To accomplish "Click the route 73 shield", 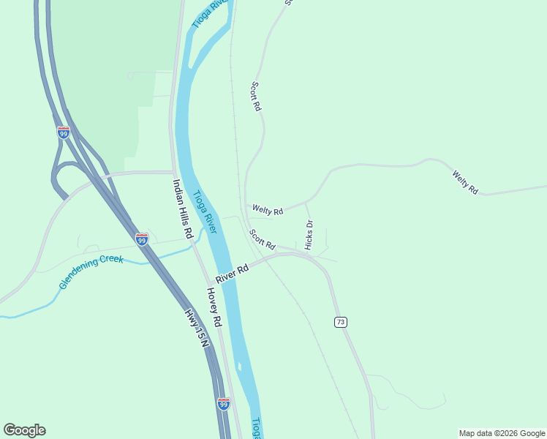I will click(340, 323).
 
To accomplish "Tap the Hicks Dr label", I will click(309, 235).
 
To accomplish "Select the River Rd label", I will click(233, 272).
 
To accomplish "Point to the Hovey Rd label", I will click(213, 306).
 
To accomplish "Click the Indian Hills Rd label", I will click(182, 209).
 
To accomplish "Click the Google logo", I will click(24, 430).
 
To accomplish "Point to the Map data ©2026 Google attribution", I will click(502, 433).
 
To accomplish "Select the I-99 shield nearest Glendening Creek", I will click(142, 239).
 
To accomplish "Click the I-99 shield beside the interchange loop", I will click(63, 132).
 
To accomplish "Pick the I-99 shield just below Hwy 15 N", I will click(224, 403).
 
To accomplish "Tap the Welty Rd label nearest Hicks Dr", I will click(267, 210).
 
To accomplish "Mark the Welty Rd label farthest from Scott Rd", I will click(465, 181).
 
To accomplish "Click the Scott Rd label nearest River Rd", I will click(262, 239).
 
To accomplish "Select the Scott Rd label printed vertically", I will click(256, 96).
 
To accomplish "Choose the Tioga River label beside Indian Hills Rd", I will click(205, 212).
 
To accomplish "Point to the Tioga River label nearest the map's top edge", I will click(211, 13).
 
